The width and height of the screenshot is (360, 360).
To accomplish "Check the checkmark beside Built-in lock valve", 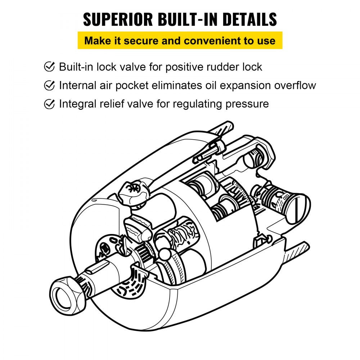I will pos(49,67).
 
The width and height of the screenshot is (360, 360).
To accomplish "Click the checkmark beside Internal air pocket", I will pos(49,85).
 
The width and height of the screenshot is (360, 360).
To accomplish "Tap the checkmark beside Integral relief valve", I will pos(49,104).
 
